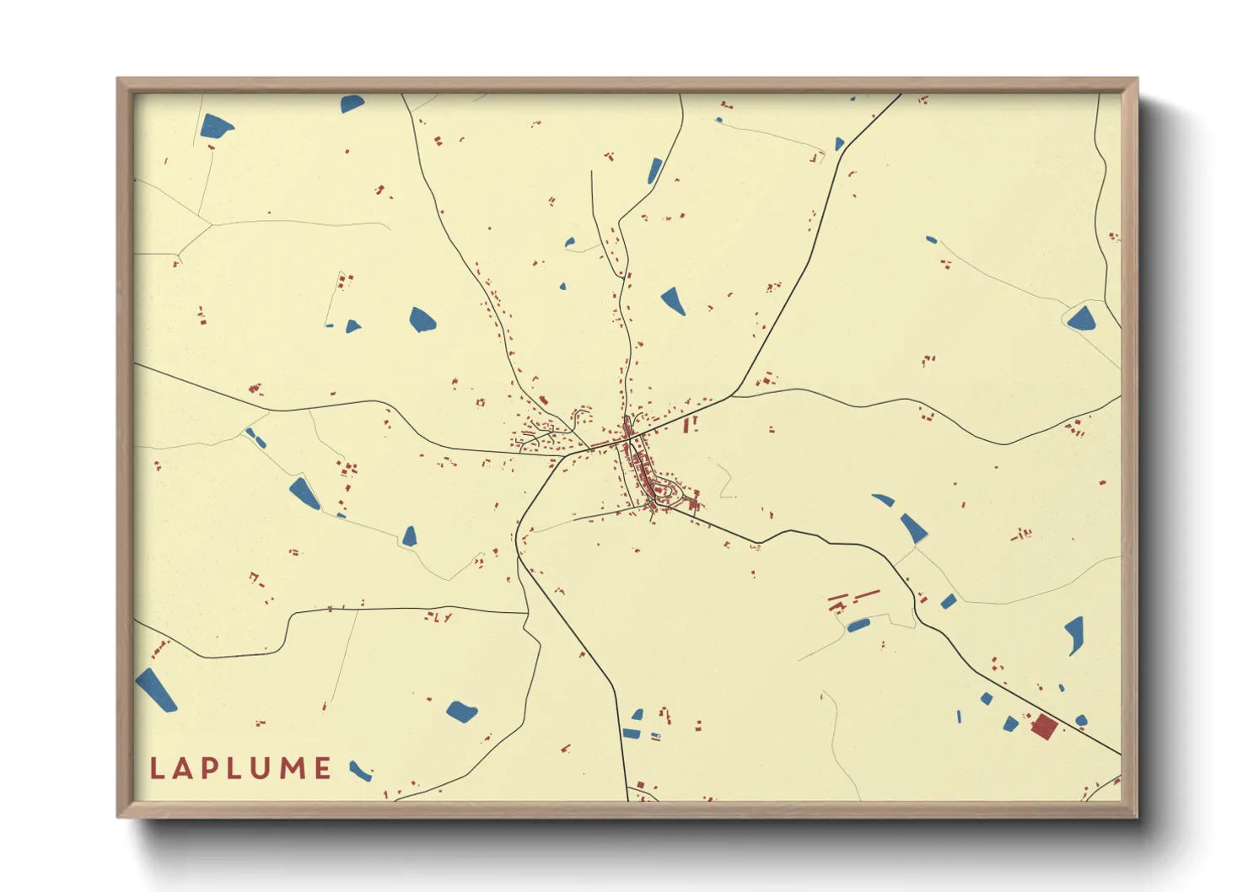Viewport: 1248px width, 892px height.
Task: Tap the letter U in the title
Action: click(x=264, y=768)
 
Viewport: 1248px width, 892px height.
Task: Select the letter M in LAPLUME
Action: click(x=293, y=768)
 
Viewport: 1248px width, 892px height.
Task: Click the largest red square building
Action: click(x=1044, y=726)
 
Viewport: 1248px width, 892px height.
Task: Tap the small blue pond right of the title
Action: click(x=361, y=771)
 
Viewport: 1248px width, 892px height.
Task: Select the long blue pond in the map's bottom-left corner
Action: click(x=156, y=690)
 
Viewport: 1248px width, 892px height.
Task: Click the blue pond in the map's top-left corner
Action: click(x=216, y=126)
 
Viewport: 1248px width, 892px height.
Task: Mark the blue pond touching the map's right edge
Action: click(x=1081, y=319)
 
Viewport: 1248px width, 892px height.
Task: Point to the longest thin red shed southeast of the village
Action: click(x=867, y=595)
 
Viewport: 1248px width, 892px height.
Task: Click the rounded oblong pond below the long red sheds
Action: click(x=858, y=626)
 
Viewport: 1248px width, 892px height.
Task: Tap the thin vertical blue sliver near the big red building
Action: click(x=959, y=717)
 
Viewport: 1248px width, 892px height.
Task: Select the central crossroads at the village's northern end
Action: click(x=627, y=437)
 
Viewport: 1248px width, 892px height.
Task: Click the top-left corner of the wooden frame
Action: click(x=118, y=79)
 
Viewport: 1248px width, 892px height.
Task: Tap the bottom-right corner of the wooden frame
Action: click(x=1136, y=816)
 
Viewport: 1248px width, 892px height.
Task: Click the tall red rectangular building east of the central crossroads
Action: click(x=686, y=425)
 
